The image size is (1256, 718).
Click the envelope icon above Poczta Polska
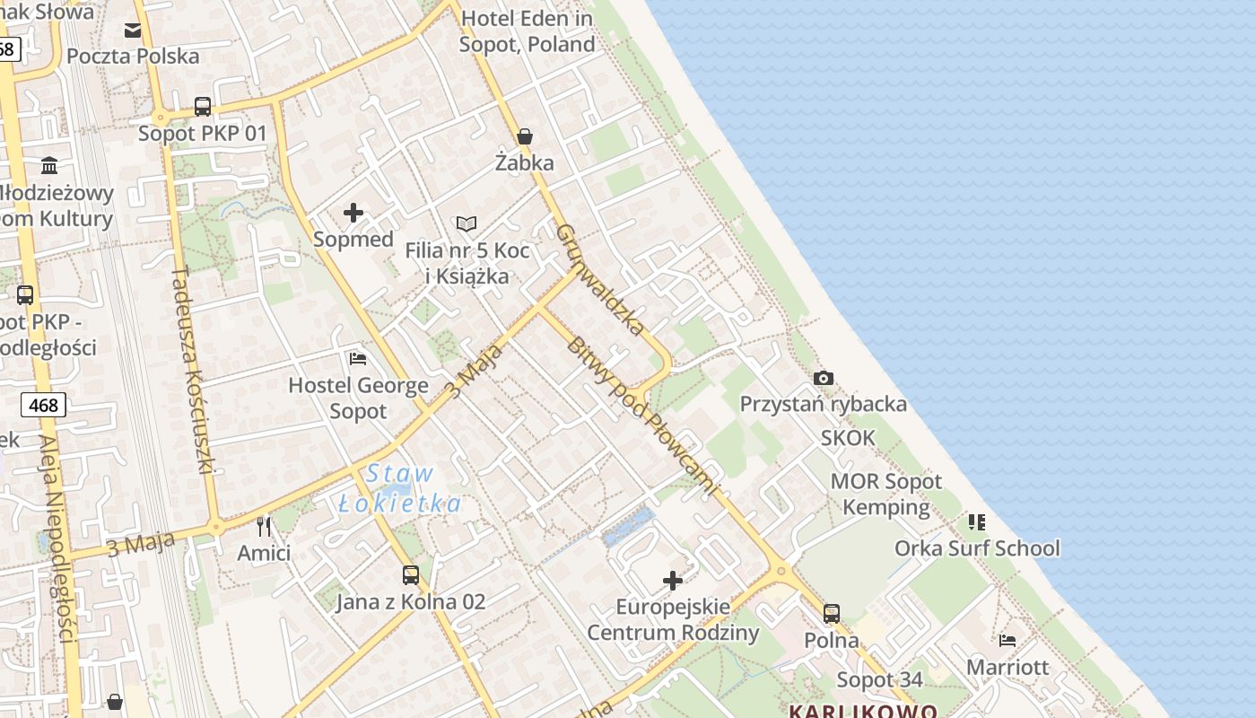[133, 31]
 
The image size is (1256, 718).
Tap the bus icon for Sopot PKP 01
[203, 107]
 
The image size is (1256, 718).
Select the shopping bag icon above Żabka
[525, 136]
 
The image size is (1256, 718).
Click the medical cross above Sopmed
[353, 213]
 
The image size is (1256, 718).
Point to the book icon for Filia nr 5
[467, 223]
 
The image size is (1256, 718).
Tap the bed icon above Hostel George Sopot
[357, 359]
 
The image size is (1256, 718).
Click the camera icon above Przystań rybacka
[823, 378]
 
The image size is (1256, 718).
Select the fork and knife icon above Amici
[264, 526]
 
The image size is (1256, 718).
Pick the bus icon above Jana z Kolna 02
[411, 574]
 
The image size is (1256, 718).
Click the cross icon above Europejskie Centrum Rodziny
[673, 581]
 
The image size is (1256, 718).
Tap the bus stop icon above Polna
[832, 614]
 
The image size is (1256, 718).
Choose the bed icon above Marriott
[1007, 640]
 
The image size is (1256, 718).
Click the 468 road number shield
[43, 405]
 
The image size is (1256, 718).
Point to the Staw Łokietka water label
[400, 488]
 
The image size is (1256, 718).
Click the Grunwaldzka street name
[599, 279]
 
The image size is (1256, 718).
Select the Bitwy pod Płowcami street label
[642, 416]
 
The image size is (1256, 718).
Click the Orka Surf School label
[977, 547]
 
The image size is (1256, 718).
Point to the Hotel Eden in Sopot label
[527, 31]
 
